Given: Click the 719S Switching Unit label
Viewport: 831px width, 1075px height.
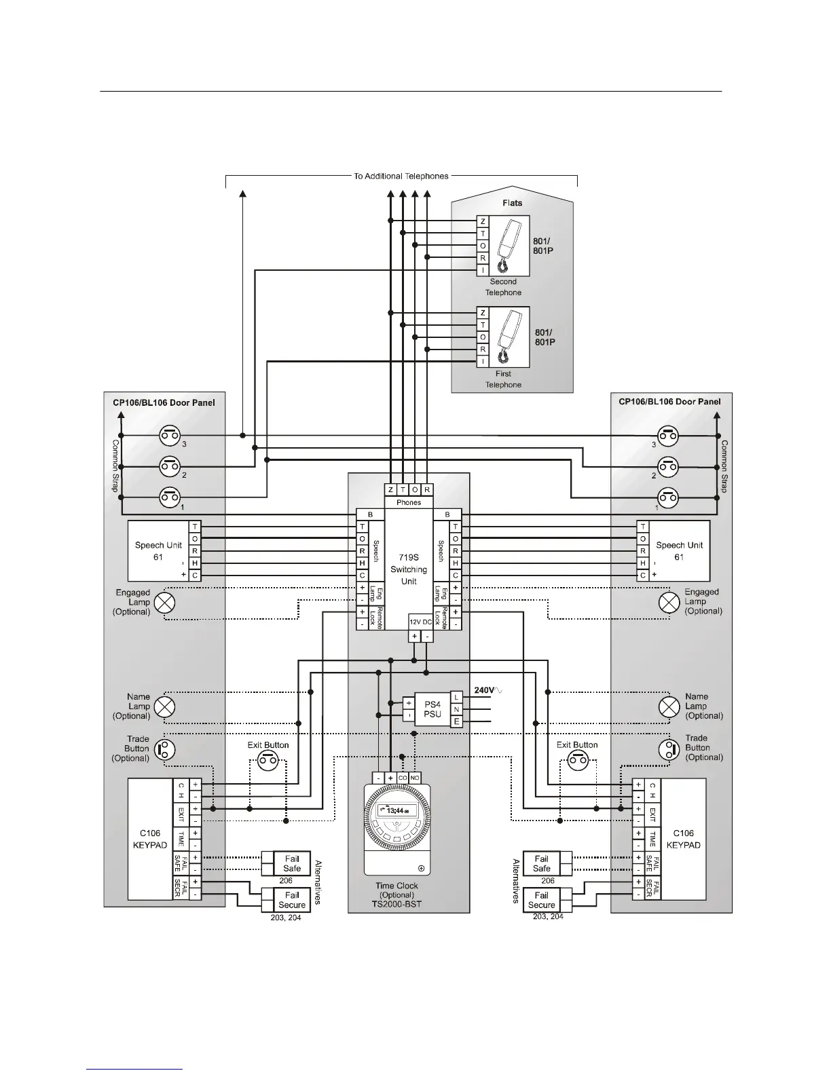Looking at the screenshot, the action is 408,569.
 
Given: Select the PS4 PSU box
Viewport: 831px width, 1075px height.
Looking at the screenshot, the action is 432,709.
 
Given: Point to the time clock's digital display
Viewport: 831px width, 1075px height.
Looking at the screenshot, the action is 397,811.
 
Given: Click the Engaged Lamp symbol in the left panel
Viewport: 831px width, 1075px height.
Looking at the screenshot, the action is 164,603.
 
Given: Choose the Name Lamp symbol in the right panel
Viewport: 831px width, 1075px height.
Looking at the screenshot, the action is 669,707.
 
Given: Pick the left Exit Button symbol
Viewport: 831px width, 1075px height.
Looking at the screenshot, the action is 267,760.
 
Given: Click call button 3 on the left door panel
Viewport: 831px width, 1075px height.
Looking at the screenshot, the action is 170,435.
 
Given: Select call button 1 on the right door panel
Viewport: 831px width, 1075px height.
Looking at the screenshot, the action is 668,497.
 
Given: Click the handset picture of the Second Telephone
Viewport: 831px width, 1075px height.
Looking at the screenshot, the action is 509,246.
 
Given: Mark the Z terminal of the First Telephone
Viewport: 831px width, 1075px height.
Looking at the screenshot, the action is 483,313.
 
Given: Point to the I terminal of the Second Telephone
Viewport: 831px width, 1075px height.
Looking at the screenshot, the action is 483,270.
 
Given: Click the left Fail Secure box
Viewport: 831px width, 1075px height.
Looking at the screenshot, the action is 292,900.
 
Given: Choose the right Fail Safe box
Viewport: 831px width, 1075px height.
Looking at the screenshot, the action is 542,863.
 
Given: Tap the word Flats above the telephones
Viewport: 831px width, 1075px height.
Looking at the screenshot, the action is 513,203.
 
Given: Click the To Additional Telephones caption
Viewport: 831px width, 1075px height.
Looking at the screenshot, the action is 401,176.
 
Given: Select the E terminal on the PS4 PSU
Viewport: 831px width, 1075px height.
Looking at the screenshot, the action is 456,722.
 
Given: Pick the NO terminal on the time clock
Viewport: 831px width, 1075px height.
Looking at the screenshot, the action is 415,778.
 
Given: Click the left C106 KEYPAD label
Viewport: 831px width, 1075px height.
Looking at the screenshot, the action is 150,839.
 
